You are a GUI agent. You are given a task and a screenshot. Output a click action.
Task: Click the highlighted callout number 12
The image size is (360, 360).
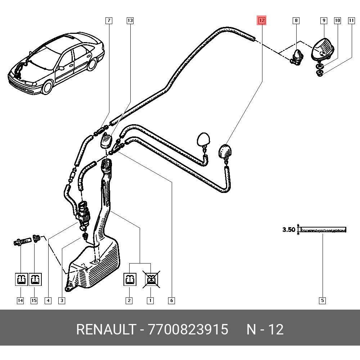point(262,21)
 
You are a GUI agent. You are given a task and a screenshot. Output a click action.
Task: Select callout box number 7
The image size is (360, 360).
point(109,21)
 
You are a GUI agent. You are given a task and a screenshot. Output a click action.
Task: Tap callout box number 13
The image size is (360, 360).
point(130,21)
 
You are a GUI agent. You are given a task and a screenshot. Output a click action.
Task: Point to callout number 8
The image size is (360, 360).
point(296,21)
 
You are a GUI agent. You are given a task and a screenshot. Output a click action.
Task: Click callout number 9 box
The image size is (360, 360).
point(324,21)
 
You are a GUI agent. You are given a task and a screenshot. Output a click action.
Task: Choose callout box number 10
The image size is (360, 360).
point(337,21)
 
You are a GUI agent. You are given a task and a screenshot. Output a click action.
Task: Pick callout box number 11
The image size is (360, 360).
point(351,21)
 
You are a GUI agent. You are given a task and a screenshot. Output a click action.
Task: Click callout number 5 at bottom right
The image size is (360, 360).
point(322,300)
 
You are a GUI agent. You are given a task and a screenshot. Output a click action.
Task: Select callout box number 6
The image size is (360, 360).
point(171,300)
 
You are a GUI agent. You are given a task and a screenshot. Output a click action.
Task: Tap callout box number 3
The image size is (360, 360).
point(62,300)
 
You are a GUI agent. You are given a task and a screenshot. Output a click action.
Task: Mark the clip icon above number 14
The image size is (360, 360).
point(21,279)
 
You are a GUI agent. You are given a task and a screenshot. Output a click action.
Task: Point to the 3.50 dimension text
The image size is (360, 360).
point(289,230)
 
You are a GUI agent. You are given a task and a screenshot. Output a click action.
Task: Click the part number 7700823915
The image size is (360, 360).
point(188,329)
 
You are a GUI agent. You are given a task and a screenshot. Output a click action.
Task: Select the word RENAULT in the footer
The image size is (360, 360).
point(106,329)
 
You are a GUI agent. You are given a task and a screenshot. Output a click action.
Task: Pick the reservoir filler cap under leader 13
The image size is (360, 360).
point(106,140)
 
